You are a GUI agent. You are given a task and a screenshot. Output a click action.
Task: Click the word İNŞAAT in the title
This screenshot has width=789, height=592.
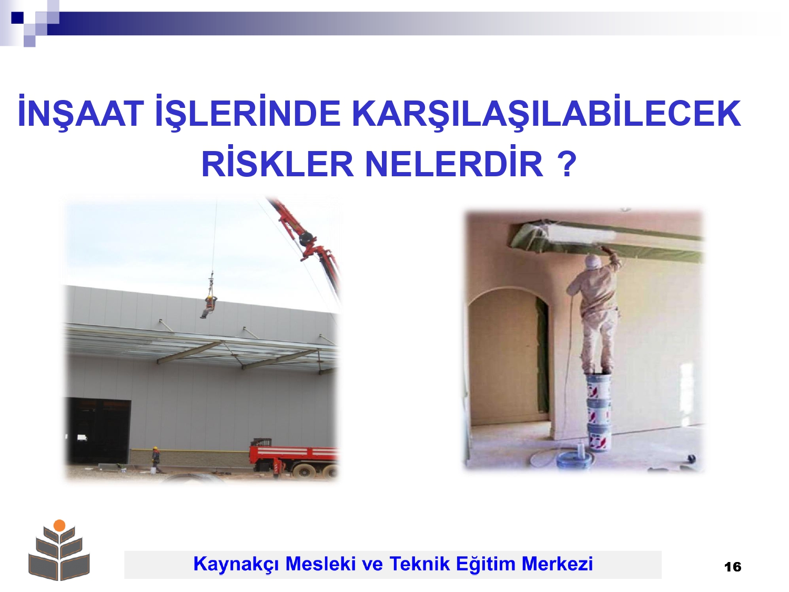(x=81, y=112)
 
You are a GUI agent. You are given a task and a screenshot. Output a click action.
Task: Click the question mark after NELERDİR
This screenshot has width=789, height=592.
(x=568, y=164)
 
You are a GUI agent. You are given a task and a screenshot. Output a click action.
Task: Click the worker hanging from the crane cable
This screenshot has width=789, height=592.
(x=209, y=306)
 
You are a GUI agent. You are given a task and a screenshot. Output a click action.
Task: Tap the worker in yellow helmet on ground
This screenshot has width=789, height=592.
(x=156, y=459)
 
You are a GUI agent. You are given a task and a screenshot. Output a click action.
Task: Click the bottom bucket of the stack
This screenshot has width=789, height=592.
(x=599, y=437)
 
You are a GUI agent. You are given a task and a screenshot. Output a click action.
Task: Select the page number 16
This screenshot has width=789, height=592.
(x=733, y=567)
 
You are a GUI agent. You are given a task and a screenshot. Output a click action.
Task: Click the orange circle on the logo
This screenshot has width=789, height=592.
(x=59, y=525)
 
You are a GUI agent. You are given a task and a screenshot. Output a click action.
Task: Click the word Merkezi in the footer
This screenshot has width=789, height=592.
(x=557, y=563)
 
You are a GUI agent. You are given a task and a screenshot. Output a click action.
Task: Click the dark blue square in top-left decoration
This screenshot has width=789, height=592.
(x=17, y=17)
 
